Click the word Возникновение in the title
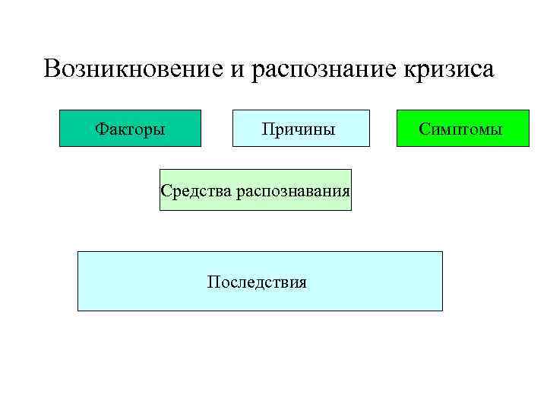tap(134, 69)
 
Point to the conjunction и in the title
tap(237, 70)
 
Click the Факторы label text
tap(130, 129)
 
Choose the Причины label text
tap(299, 129)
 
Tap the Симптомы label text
tap(461, 129)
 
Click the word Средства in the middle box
tap(196, 190)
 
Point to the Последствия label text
tap(257, 282)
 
